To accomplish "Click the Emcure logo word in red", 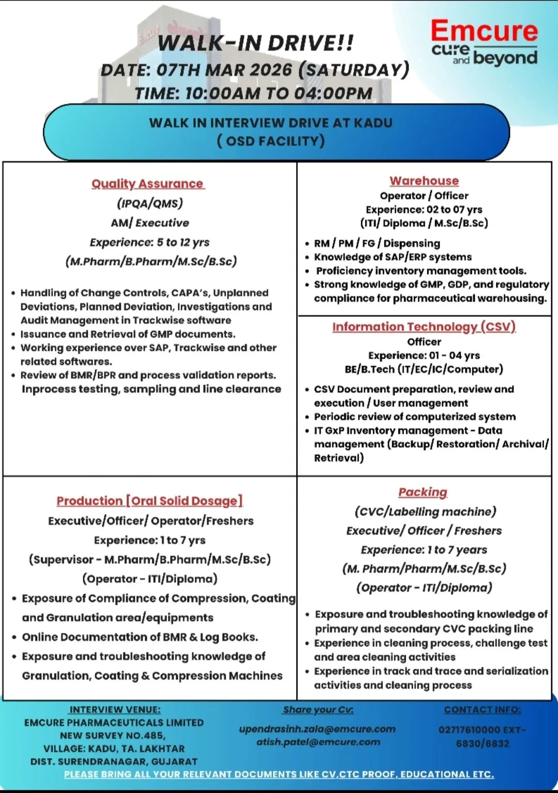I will point(484,31).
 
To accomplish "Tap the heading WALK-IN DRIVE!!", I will point(256,43).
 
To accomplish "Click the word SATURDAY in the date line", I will point(354,70).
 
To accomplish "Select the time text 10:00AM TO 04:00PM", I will point(278,94).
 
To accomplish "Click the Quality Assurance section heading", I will point(148,184).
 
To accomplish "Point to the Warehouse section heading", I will point(424,181).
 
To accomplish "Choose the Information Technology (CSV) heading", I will point(424,326).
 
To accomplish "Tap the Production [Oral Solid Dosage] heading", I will point(149,501).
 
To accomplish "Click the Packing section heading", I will point(423,492).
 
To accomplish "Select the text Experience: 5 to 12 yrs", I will point(149,242).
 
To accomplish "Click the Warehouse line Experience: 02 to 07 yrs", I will point(424,209).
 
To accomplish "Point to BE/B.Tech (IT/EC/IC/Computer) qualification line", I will point(424,369).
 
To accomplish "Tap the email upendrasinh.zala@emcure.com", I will point(317,729).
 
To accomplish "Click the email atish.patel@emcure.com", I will point(318,742).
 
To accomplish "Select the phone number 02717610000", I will point(469,730).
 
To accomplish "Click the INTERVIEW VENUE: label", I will point(115,710).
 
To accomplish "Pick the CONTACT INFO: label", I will point(483,710).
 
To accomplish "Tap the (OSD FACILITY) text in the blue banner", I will point(271,141).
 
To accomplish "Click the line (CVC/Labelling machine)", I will point(425,511).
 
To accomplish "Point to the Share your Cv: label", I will point(318,710).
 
